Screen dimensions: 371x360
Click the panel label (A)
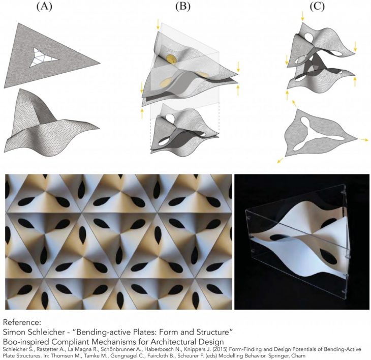click(44, 7)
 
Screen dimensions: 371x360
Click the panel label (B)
click(182, 7)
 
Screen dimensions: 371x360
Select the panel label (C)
click(317, 7)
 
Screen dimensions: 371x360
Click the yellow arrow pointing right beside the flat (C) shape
click(364, 140)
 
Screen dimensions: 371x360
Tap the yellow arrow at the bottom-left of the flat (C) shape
click(281, 160)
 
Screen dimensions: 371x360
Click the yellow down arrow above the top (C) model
click(302, 16)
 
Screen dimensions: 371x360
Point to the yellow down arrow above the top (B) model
click(158, 25)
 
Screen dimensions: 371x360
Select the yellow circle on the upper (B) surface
click(171, 59)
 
